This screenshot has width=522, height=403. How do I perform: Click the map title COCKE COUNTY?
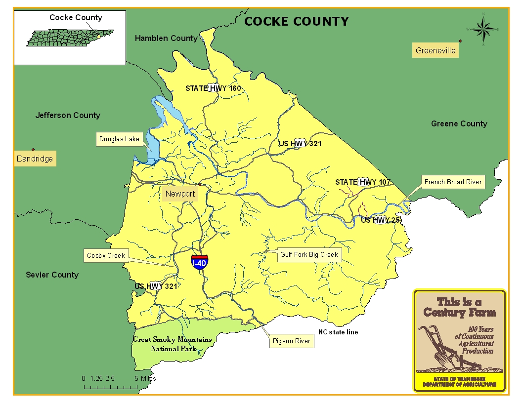pos(297,21)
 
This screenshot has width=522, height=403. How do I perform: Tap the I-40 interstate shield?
pos(199,262)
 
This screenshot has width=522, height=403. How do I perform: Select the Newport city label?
pos(180,194)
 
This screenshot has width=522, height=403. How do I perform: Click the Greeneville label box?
pos(435,50)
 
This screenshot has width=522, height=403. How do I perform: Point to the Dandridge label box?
pos(35,159)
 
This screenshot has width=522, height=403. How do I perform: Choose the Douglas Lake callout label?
pos(119,139)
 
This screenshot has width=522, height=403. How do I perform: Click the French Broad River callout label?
pos(453,182)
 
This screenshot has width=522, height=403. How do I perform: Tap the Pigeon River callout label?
pos(291,341)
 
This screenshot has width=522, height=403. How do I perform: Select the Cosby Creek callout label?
pos(106,255)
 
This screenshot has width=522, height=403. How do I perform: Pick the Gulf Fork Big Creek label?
pos(309,255)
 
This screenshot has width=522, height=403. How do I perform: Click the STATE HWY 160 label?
pos(213,88)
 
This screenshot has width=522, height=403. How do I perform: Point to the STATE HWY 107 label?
pos(363,182)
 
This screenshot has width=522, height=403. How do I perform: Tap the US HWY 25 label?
pos(380,220)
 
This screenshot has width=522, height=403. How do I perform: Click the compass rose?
pos(483,30)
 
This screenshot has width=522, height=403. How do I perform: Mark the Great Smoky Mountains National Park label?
pos(172,344)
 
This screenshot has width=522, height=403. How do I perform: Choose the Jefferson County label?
pos(68,116)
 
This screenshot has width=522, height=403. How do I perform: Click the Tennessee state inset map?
pos(69,39)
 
